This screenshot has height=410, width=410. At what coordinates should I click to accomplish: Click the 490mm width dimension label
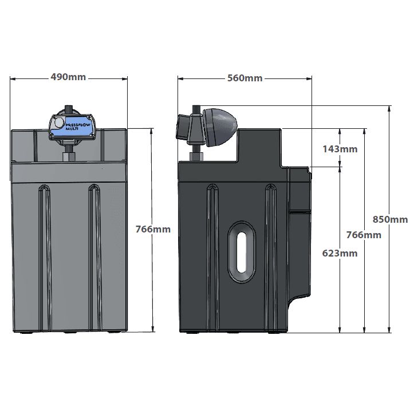coord(68,77)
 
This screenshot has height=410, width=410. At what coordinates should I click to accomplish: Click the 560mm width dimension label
coord(245,78)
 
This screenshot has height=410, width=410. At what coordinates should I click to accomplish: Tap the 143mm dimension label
coord(340,149)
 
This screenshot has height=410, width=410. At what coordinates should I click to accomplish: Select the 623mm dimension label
coord(340,253)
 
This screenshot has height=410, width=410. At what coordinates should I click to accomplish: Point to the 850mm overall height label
coord(390,219)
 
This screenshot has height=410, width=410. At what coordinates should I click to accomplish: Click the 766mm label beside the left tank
coord(153,229)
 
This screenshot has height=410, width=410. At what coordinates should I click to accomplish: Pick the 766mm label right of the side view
coord(364,235)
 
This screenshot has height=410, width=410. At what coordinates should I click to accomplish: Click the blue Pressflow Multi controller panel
coord(71,127)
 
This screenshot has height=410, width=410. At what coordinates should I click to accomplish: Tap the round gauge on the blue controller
coord(58,123)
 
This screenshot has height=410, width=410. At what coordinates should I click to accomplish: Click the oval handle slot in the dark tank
coord(241,252)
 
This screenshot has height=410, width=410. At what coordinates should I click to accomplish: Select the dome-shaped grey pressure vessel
coord(220,128)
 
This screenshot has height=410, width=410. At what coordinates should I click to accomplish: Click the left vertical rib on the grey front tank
coord(45,258)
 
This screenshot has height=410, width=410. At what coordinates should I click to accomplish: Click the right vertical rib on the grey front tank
coord(94,258)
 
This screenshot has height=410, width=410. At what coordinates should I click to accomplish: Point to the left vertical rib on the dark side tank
coord(212,258)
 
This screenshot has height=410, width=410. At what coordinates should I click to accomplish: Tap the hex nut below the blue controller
coord(69,157)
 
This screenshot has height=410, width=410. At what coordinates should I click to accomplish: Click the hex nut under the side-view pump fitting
coord(196,157)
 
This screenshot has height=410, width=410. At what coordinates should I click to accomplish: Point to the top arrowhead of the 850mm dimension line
coord(389,109)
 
